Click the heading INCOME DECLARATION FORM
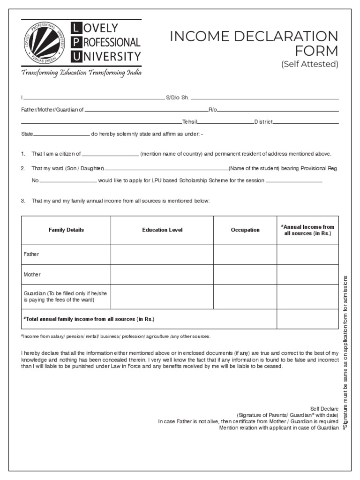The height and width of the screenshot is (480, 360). (x=255, y=43)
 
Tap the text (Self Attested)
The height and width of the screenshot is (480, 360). (x=309, y=64)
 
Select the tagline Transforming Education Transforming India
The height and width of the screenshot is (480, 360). (x=81, y=73)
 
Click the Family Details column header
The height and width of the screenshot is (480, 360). (x=66, y=230)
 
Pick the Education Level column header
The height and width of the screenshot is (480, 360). (x=162, y=230)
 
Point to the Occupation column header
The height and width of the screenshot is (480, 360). (x=245, y=230)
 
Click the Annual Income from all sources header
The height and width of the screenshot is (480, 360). (x=307, y=230)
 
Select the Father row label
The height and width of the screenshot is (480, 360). (x=31, y=254)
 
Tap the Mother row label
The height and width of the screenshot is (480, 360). (x=32, y=274)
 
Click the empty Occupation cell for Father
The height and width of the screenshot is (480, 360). (x=245, y=254)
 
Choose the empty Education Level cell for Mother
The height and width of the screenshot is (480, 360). (x=162, y=274)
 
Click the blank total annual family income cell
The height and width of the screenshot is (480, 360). (x=307, y=319)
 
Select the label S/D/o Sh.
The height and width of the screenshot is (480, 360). (x=177, y=97)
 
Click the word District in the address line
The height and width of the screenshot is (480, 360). (x=263, y=122)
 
